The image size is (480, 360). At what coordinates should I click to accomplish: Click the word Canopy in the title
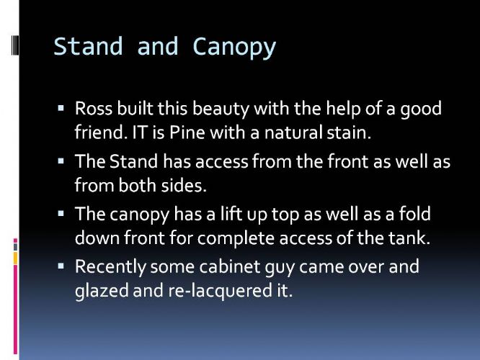(234, 47)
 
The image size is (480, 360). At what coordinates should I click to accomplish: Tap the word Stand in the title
(88, 46)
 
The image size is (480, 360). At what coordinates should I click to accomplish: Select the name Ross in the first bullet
(94, 108)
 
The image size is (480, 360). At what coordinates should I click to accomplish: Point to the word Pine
(187, 132)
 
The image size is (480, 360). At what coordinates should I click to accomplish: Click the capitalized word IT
(141, 132)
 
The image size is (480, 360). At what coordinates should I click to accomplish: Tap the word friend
(101, 132)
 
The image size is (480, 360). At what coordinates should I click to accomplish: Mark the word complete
(236, 238)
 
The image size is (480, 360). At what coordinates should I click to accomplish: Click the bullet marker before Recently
(61, 266)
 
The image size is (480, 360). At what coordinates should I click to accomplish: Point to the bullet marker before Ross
(61, 108)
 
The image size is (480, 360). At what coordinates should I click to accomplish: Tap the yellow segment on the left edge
(15, 258)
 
